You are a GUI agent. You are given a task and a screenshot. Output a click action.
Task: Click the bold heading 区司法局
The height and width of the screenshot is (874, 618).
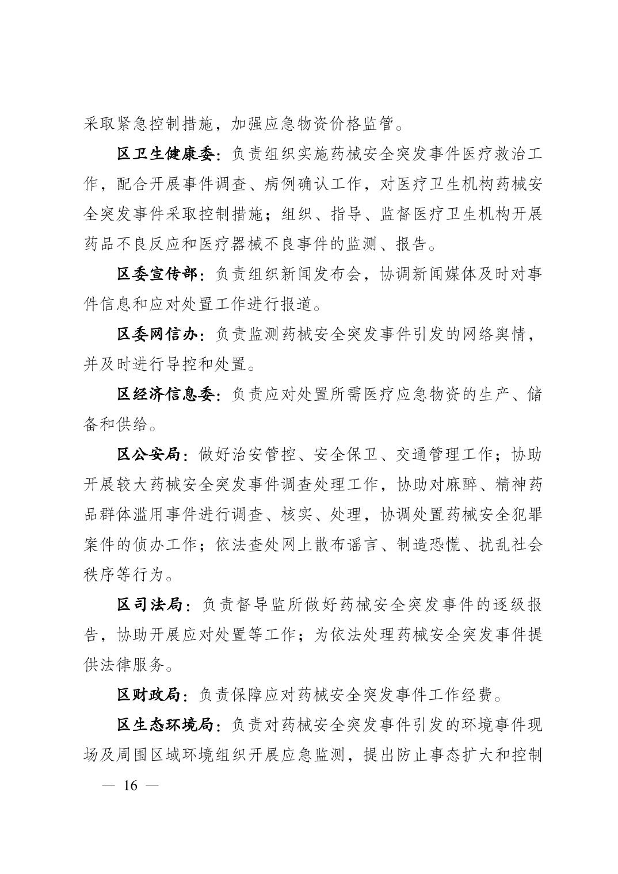149,605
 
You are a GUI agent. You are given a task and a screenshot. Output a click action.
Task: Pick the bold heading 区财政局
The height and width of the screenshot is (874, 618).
149,695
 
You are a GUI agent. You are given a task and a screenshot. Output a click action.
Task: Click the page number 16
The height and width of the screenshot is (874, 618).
130,785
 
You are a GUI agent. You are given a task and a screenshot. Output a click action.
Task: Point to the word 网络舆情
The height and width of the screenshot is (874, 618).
495,335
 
